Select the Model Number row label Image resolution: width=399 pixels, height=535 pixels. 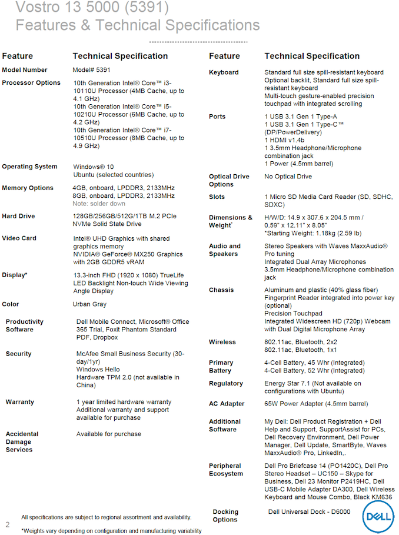[x=25, y=70]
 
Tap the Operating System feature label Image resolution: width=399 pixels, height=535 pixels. [x=29, y=167]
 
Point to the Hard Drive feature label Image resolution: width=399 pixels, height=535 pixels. [x=18, y=216]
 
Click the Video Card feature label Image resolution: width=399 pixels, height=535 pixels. [x=19, y=238]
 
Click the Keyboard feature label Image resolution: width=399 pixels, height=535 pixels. [x=224, y=72]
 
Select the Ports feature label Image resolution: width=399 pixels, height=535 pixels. [x=217, y=117]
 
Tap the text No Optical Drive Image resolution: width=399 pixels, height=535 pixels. [x=288, y=177]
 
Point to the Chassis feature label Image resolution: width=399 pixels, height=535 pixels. [x=221, y=290]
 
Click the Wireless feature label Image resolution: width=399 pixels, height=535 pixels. [x=222, y=342]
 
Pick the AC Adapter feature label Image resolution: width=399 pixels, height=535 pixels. [x=227, y=404]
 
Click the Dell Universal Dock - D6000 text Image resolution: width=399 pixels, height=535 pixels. [x=309, y=511]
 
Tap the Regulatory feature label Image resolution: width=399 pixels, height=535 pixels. [x=226, y=383]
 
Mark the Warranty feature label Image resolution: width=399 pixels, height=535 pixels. [x=20, y=402]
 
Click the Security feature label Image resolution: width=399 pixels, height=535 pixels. [x=19, y=354]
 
